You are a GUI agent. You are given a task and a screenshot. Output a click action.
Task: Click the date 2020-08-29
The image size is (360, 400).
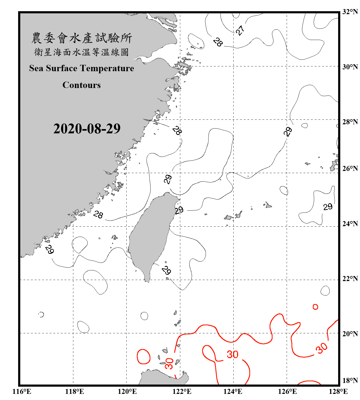tap(87, 129)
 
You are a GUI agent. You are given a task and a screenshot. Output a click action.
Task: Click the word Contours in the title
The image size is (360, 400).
tap(82, 85)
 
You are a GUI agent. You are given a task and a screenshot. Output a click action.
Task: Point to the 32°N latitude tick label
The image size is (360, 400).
tap(350, 12)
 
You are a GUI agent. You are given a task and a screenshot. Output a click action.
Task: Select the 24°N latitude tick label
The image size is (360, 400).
tap(350, 223)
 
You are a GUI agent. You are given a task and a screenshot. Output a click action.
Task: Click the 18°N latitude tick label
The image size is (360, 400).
tap(350, 380)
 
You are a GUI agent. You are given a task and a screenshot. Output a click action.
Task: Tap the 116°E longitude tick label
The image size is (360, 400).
tap(22, 391)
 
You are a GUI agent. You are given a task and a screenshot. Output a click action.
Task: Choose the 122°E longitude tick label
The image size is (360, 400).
tap(182, 391)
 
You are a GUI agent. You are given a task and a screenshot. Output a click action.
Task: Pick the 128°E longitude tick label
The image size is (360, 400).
tap(338, 391)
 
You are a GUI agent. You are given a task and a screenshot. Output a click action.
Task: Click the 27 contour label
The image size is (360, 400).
tap(240, 30)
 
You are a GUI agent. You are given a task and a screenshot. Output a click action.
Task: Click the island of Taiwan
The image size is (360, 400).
tap(151, 235)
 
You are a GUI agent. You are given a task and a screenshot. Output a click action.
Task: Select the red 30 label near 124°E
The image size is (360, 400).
tap(233, 354)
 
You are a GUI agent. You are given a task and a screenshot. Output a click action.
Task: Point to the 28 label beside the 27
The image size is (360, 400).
tap(218, 42)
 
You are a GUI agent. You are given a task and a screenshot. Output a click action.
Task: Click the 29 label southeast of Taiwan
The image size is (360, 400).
tap(166, 270)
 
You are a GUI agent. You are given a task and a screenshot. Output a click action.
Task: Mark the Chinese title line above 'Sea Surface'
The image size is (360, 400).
tap(81, 52)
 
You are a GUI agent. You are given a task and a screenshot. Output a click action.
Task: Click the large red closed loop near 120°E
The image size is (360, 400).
tap(143, 357)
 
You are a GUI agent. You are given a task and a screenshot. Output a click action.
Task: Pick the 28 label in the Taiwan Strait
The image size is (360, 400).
tap(98, 214)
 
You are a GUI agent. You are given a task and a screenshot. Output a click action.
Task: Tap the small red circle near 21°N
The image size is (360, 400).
tap(315, 307)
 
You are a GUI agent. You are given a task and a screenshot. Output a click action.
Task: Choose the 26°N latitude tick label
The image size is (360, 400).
tap(350, 169)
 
